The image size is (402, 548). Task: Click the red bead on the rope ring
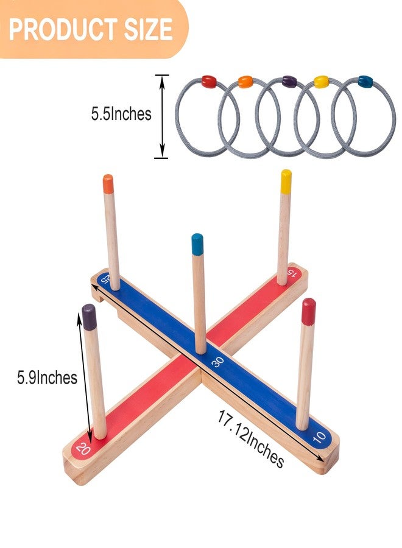208,81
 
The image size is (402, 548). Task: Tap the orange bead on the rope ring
245,82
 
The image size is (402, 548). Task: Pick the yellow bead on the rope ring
321,82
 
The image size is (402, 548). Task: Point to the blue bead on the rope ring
365,81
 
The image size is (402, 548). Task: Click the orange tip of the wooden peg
108,183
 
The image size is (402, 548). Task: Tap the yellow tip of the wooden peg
286,181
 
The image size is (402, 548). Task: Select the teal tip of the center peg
197,244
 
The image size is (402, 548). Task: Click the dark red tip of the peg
309,311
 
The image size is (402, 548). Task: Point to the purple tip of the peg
89,317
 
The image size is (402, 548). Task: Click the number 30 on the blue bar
217,362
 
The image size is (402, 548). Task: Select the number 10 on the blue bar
319,437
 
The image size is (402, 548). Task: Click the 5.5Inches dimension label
121,114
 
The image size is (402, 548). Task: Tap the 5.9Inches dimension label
47,378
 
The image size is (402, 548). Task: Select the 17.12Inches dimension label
250,438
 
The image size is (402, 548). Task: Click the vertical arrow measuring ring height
161,116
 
